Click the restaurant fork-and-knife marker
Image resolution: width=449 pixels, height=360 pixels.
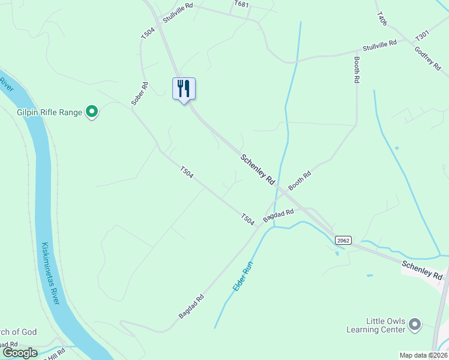click(184, 89)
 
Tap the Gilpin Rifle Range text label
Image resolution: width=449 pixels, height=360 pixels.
click(49, 112)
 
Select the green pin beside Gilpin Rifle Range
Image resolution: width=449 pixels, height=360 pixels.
click(92, 112)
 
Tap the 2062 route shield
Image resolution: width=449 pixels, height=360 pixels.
click(343, 240)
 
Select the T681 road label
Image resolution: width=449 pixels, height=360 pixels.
click(241, 4)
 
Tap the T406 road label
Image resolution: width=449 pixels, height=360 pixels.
click(382, 18)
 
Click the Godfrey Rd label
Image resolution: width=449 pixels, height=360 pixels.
click(428, 58)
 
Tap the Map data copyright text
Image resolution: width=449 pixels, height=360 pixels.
click(423, 355)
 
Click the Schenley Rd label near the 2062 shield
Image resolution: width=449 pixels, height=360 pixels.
click(422, 270)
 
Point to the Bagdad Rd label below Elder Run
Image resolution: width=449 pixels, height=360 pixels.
click(191, 307)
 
